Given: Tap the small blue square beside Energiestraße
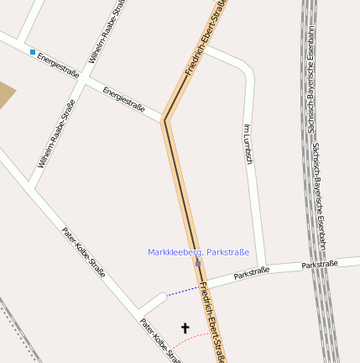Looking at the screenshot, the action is pyautogui.click(x=33, y=52).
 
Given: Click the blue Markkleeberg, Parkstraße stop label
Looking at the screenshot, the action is pyautogui.click(x=198, y=252).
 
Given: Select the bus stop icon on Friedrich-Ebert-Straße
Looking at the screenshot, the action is pyautogui.click(x=198, y=263).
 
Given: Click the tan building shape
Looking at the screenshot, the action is pyautogui.click(x=5, y=96).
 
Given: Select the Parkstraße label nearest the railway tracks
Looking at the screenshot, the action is pyautogui.click(x=319, y=264).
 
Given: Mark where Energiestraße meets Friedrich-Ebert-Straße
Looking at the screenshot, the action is pyautogui.click(x=164, y=120).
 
